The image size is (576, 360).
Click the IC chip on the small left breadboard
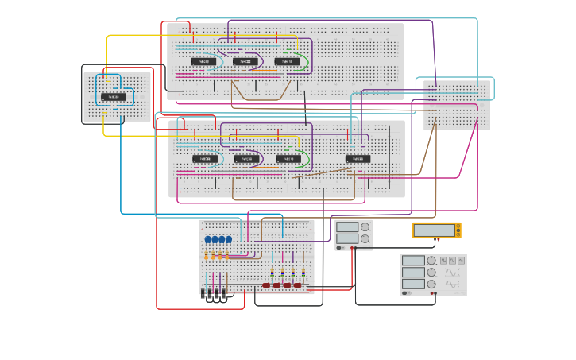pos(114,97)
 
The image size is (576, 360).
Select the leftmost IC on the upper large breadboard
pos(203,61)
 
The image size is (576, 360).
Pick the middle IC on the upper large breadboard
pos(245,61)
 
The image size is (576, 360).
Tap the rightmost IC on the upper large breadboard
pos(287,61)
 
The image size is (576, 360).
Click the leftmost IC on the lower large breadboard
pos(204,159)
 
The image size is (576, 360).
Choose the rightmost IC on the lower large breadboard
pos(358,159)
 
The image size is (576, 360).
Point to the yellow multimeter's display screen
pos(434,230)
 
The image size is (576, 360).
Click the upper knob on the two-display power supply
pos(365,226)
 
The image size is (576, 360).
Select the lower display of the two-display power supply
pos(347,238)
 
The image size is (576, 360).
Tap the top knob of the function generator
pos(431,260)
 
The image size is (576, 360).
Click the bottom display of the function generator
pos(413,284)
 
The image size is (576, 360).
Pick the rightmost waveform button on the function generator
pos(462,260)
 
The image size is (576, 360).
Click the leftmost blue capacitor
pos(208,239)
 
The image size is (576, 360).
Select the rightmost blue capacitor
pos(229,239)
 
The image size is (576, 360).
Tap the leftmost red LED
pos(267,285)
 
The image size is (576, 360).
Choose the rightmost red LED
pos(297,285)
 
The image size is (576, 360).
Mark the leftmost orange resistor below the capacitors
pos(206,256)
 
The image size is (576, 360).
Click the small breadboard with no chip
pos(457,105)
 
